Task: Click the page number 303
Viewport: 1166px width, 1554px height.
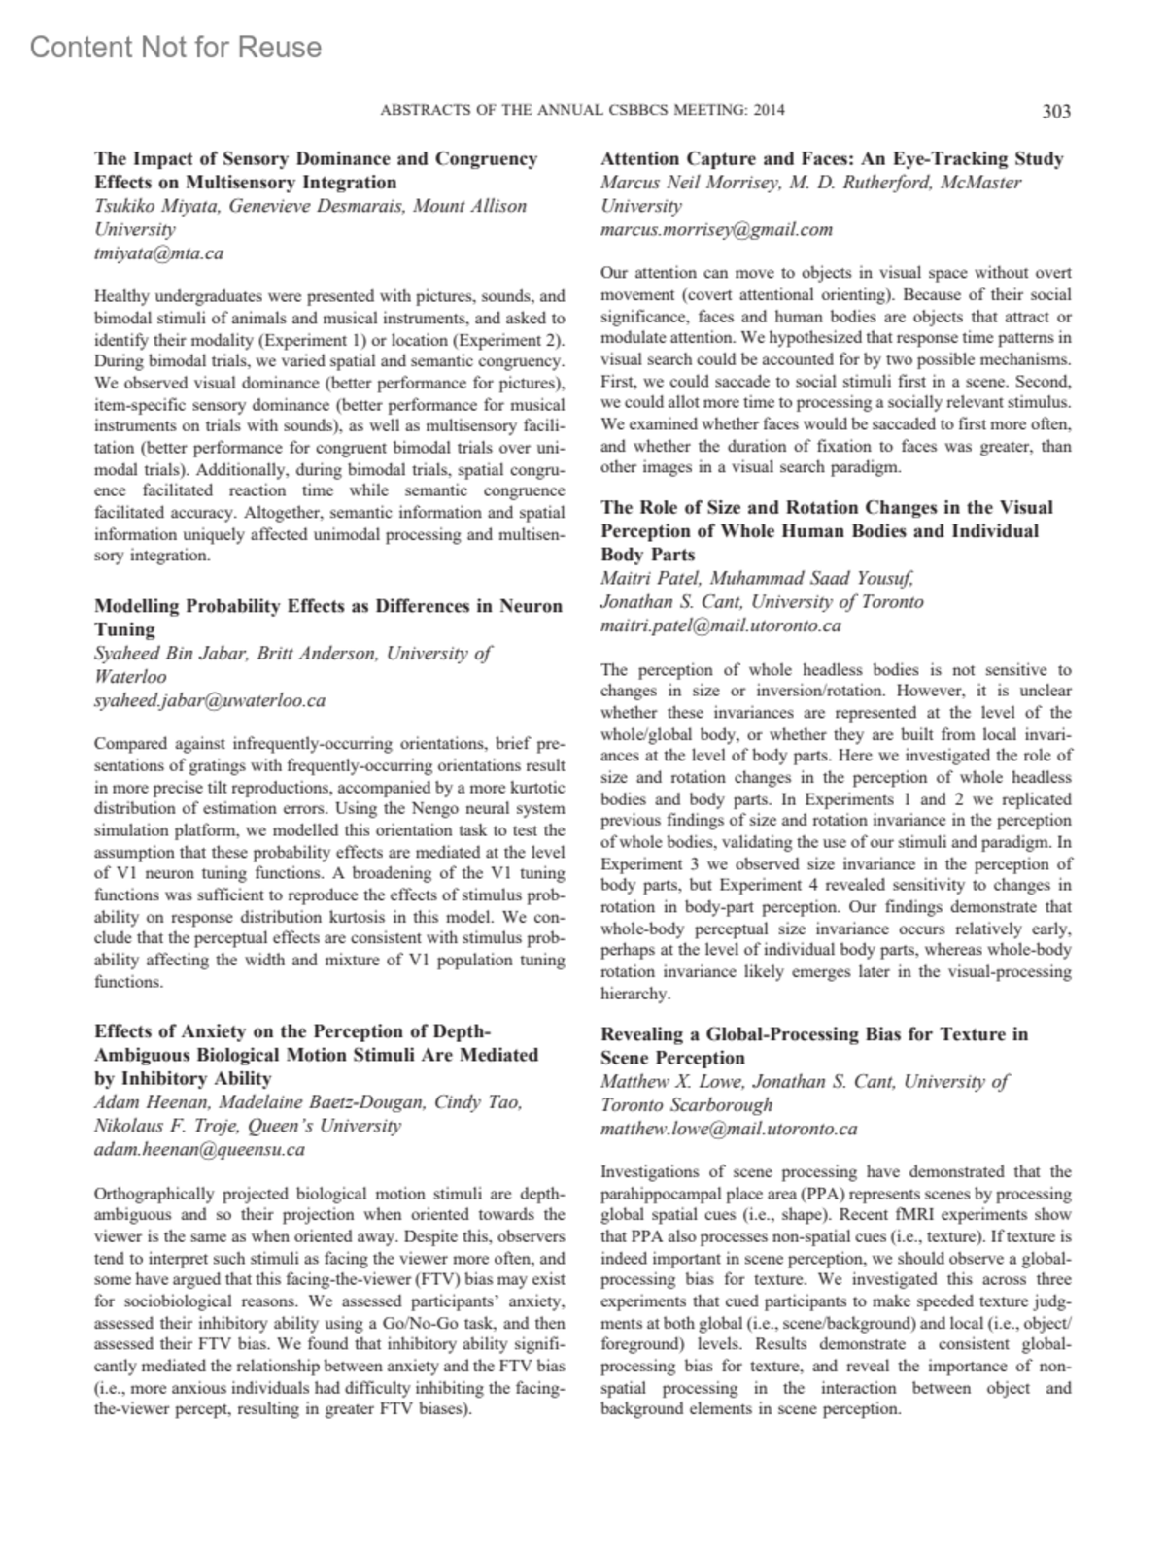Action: click(1055, 111)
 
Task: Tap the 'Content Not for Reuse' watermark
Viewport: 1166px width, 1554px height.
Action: click(176, 47)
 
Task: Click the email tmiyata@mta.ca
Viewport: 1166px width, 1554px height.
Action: click(158, 253)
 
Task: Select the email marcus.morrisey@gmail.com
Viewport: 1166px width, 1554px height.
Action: click(716, 230)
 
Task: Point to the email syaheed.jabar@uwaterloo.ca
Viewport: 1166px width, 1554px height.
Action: click(209, 700)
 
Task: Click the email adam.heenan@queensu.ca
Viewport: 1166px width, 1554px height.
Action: click(199, 1150)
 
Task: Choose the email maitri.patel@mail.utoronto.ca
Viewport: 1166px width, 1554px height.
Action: click(720, 625)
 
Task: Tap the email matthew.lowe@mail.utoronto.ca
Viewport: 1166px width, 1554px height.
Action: click(729, 1129)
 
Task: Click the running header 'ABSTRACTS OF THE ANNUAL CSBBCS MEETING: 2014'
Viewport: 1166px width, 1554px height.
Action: click(582, 111)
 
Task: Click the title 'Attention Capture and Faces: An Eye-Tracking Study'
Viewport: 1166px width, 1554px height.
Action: click(832, 158)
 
